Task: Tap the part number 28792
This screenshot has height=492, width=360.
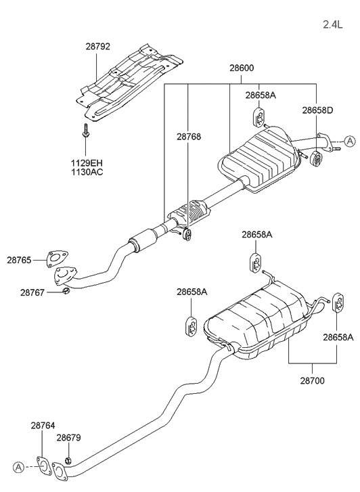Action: (98, 48)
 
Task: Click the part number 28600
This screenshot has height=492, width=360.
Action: (242, 68)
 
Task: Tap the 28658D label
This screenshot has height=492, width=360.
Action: (317, 110)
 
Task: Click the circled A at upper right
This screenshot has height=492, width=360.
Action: (349, 141)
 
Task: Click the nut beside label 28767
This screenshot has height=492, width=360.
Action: (66, 292)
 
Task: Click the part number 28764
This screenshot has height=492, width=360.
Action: (43, 426)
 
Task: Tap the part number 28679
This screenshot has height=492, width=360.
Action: (69, 438)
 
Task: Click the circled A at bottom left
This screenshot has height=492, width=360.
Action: (18, 468)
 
